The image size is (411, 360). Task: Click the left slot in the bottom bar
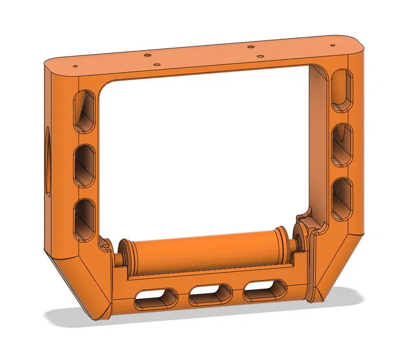[156, 299]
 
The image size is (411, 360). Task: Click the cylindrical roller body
[204, 251]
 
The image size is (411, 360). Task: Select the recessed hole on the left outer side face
[45, 159]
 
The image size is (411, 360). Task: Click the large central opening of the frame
[207, 150]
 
